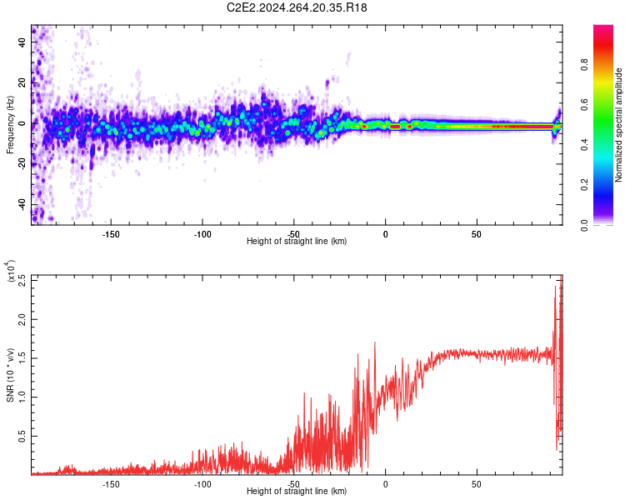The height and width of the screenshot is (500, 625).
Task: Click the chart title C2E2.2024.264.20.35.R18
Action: pyautogui.click(x=297, y=8)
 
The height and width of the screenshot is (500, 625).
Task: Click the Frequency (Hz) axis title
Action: pyautogui.click(x=11, y=125)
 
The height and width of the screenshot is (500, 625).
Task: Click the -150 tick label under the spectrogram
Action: pyautogui.click(x=111, y=234)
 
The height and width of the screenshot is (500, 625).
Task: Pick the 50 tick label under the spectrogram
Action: pyautogui.click(x=476, y=234)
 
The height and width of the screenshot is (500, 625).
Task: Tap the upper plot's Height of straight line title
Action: pyautogui.click(x=297, y=242)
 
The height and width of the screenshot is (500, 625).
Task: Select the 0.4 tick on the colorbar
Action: pyautogui.click(x=609, y=144)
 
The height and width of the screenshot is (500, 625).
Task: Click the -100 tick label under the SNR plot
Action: pyautogui.click(x=202, y=484)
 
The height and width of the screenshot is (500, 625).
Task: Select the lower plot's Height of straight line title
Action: pyautogui.click(x=297, y=492)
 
